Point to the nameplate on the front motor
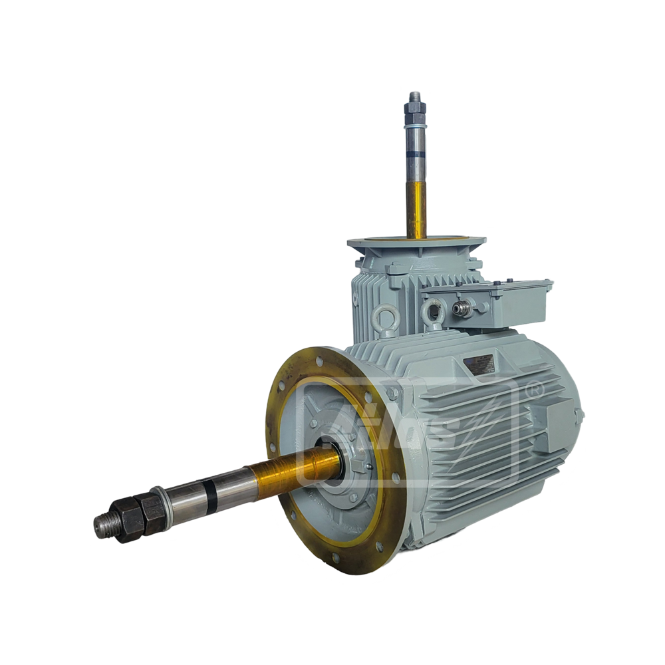pos(481,363)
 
